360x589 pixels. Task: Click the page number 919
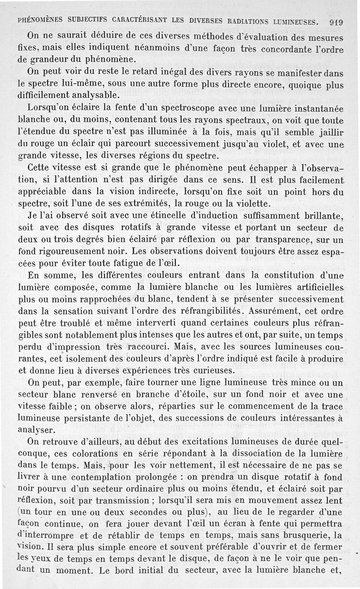[336, 21]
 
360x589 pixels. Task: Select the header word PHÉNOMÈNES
[40, 21]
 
